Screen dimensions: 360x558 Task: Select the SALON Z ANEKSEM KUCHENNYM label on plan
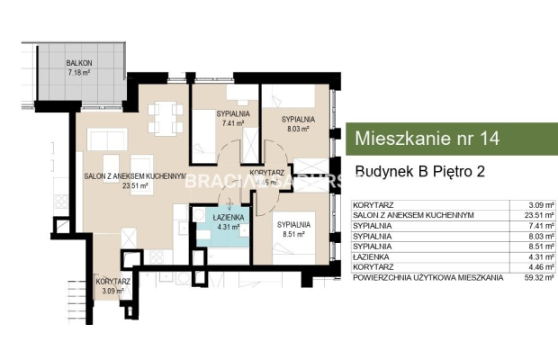(x=135, y=176)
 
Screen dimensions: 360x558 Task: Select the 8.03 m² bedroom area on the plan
(x=296, y=129)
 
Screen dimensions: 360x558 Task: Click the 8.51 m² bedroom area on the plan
(x=293, y=233)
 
